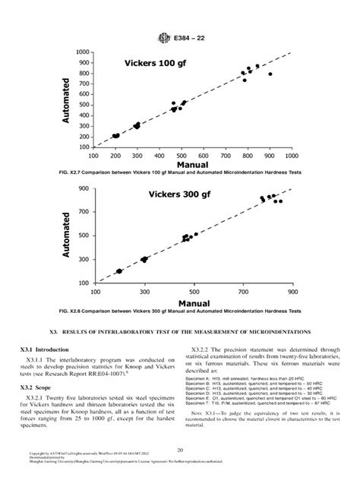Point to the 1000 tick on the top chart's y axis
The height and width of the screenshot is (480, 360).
pos(83,52)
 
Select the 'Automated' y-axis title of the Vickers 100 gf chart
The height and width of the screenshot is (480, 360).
pos(66,99)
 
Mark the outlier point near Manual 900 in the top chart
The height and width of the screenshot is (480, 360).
pos(270,74)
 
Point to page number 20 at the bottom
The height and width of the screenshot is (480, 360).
pos(180,450)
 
